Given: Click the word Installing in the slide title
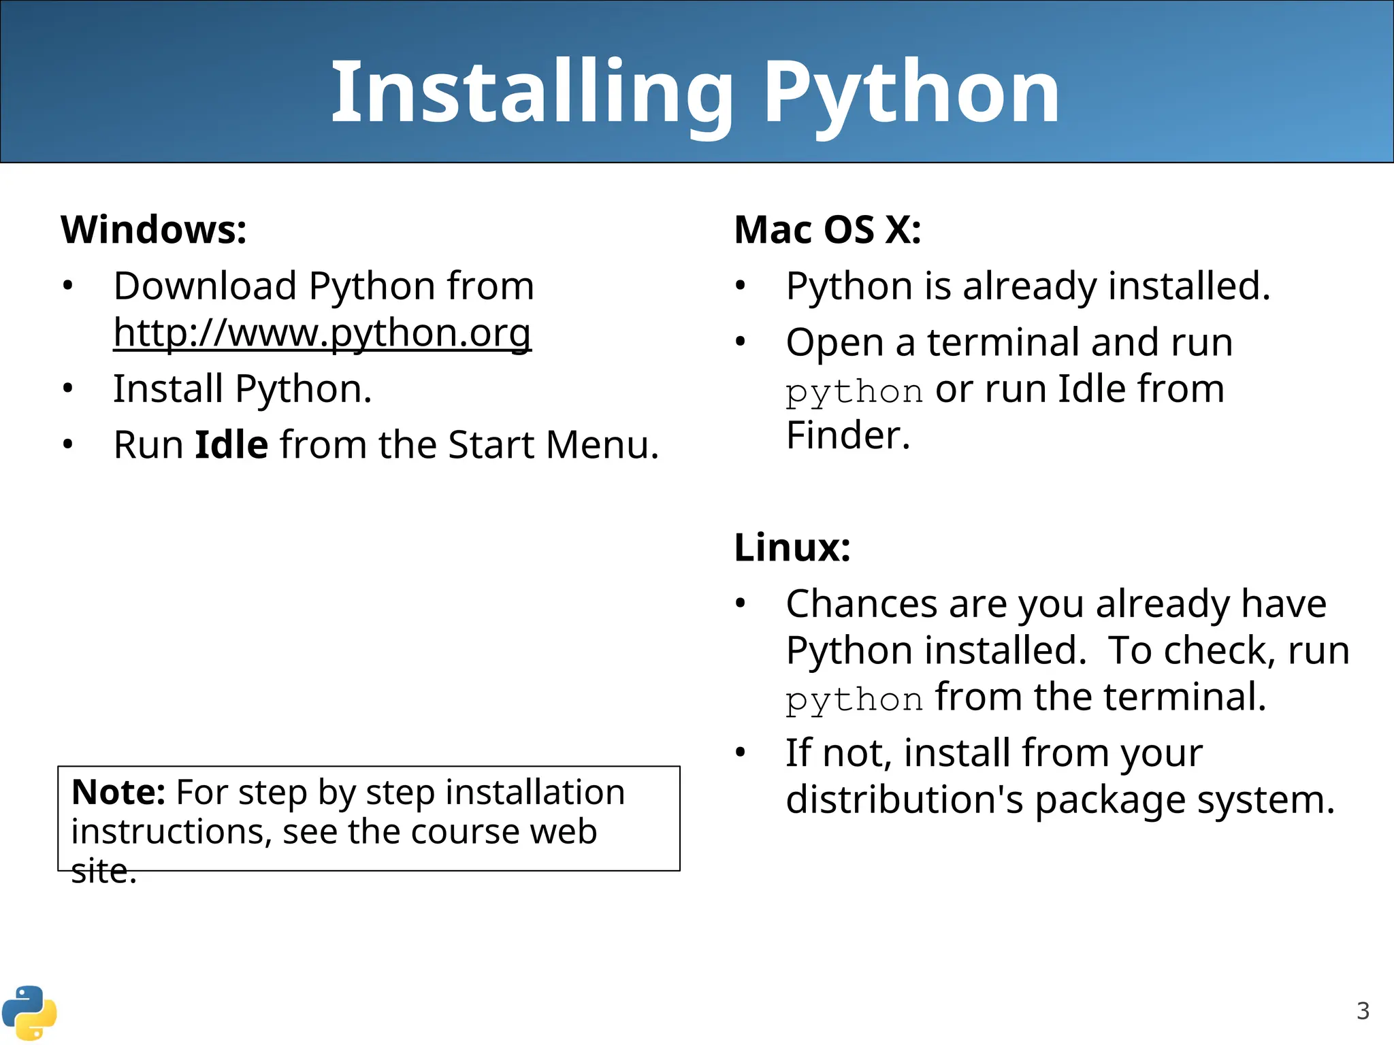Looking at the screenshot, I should click(x=531, y=92).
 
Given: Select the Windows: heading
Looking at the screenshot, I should click(x=154, y=229).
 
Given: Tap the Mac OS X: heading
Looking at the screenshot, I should click(x=827, y=229).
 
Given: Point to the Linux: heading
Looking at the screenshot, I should click(x=792, y=547).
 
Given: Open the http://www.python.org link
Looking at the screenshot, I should click(x=322, y=333).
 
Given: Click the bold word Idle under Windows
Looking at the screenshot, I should click(x=231, y=445).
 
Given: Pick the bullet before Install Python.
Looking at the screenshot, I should click(x=67, y=389).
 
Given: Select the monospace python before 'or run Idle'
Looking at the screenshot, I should click(x=854, y=392).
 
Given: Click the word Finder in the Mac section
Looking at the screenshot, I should click(x=847, y=435).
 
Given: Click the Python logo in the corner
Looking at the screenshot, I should click(x=29, y=1013).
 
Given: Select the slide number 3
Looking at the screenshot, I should click(x=1363, y=1011).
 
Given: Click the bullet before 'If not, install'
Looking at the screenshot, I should click(x=741, y=753).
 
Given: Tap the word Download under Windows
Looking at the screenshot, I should click(x=205, y=286).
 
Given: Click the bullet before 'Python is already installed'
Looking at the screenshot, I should click(x=741, y=286).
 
